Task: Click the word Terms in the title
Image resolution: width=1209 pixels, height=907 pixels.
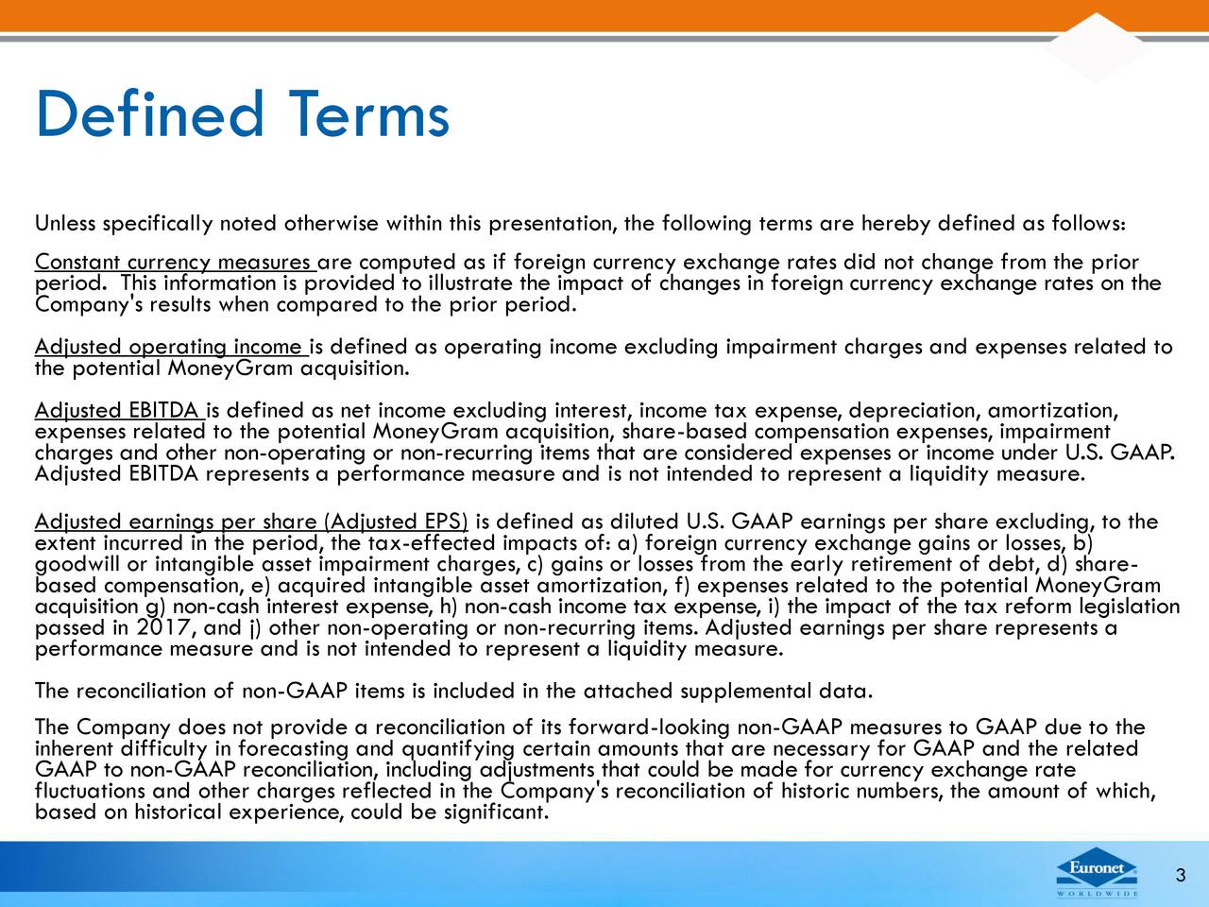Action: click(x=368, y=113)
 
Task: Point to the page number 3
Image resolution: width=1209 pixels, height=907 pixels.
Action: click(x=1181, y=875)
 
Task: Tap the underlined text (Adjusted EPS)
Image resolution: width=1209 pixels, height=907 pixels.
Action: click(x=396, y=522)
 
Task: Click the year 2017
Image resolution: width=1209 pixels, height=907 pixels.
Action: click(x=166, y=627)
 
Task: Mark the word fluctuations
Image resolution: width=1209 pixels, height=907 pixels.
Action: click(x=90, y=791)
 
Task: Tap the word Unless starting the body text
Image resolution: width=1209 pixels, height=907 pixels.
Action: click(x=65, y=224)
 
